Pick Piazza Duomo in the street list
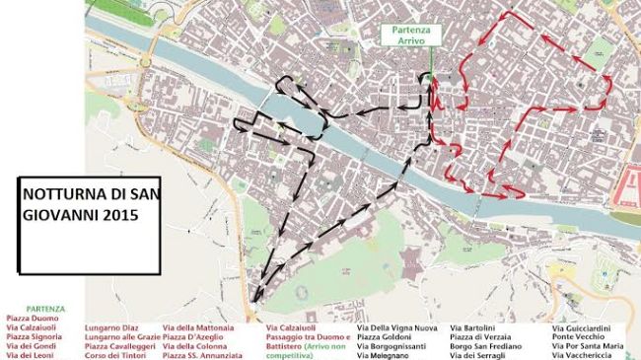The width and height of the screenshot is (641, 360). tap(33, 318)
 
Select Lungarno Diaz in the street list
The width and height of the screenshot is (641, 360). tap(110, 327)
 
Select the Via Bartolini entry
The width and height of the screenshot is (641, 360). tap(471, 327)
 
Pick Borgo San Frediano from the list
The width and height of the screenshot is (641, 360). tap(485, 346)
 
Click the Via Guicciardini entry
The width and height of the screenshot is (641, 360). tap(582, 327)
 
